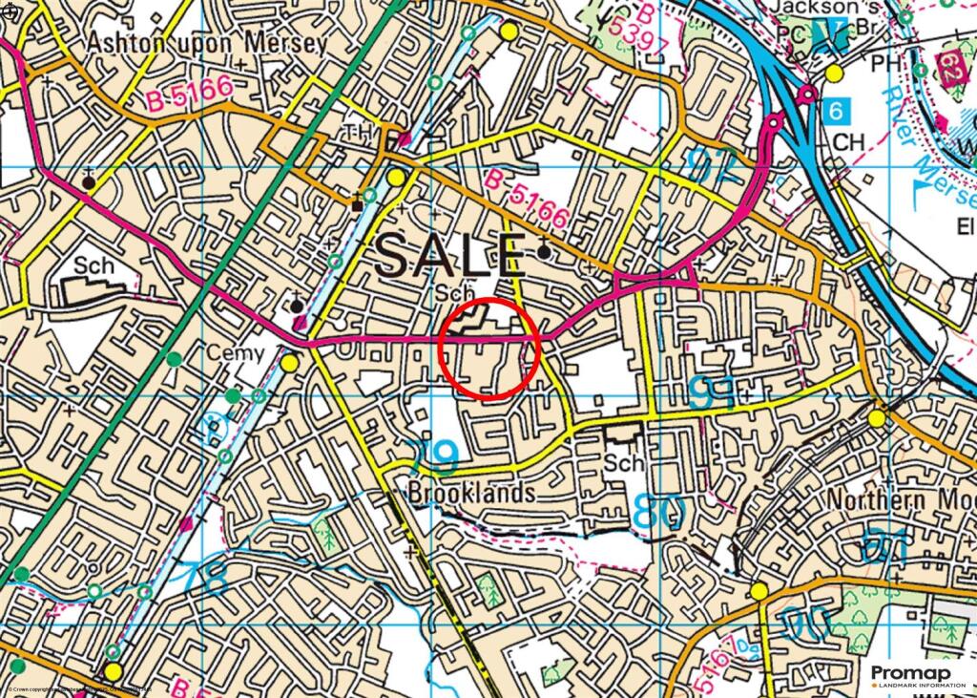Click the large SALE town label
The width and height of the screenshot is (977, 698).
click(449, 256)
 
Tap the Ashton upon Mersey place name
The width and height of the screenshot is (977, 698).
click(206, 43)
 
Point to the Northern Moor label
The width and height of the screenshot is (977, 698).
click(901, 500)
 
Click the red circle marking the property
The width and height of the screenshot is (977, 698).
click(490, 348)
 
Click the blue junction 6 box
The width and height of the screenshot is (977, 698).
click(836, 111)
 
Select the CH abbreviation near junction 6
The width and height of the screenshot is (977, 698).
click(848, 142)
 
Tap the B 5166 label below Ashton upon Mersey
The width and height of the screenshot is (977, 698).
click(192, 90)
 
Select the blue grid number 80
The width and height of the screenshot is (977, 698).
click(659, 511)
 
